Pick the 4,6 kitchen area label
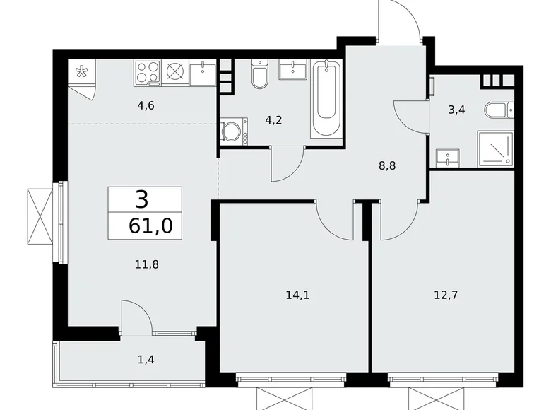[146, 107]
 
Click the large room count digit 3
[142, 199]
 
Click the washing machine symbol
[231, 132]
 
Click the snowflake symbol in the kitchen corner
[83, 71]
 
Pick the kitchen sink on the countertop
[203, 71]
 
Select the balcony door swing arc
[136, 315]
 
